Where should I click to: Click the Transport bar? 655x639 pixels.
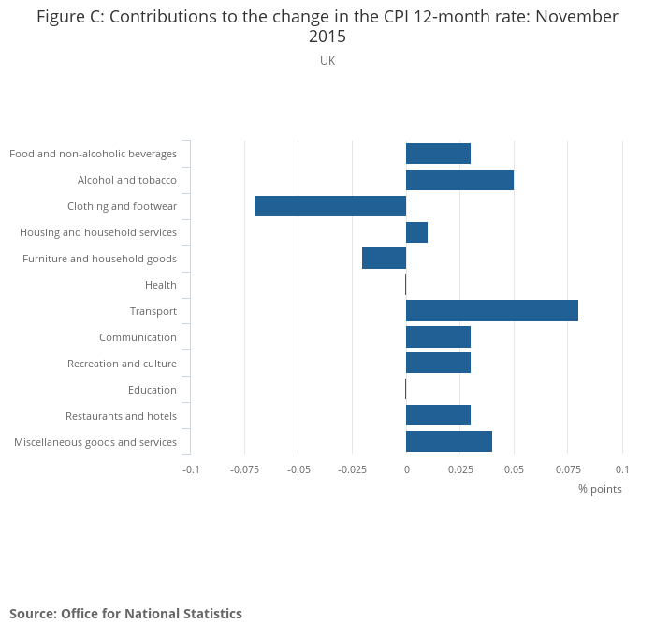coord(492,311)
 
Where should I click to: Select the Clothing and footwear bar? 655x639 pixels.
coord(330,206)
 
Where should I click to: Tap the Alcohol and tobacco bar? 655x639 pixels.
coord(459,180)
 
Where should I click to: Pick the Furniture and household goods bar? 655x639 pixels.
coord(385,259)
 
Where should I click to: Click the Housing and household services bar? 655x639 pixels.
coord(417,232)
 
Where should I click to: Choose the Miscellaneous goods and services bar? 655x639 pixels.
coord(449,442)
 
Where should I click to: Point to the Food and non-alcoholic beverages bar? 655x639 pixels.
coord(438,154)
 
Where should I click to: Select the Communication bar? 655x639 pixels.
coord(438,337)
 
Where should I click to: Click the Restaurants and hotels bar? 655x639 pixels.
coord(438,416)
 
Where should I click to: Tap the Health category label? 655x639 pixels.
coord(161,285)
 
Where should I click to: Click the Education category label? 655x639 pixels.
coord(153,390)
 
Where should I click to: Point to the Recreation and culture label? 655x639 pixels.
coord(122,364)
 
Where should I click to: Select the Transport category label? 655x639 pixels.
coord(153,311)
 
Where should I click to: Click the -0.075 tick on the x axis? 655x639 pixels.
coord(244,468)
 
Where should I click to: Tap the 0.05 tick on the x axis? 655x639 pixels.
coord(514,468)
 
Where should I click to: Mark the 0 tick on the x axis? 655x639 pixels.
coord(406,468)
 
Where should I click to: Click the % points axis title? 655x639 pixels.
coord(600,489)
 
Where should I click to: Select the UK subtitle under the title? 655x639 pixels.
coord(327,61)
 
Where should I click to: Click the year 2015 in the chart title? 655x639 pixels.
coord(327,37)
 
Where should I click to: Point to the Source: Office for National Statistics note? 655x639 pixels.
coord(125,614)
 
